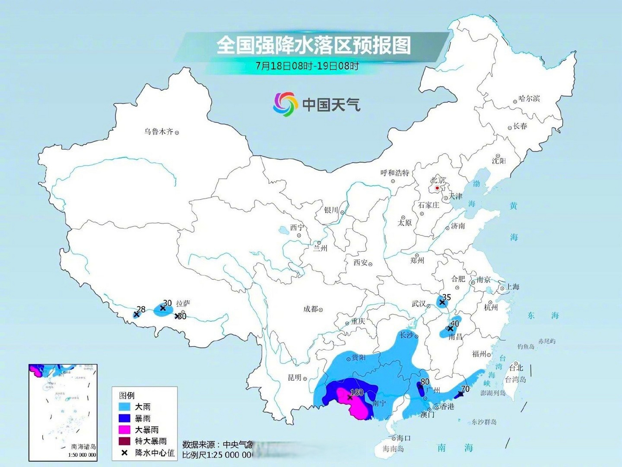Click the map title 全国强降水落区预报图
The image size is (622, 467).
pos(313,45)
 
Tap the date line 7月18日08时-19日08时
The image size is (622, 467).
pos(307,66)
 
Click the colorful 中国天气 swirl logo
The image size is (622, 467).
pos(284,104)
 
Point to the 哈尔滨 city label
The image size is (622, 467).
pos(529,99)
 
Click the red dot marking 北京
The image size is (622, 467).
pos(437,188)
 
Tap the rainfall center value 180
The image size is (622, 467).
pos(356,393)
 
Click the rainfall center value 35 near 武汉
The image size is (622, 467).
pos(446,297)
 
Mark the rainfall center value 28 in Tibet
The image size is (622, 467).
pos(141,309)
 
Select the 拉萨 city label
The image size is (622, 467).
pos(183,304)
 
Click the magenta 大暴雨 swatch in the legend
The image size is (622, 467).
pos(125,429)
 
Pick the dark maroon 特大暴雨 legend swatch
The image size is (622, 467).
pos(125,441)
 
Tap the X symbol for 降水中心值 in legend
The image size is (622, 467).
pos(125,453)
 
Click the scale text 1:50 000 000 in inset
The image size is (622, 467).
pos(82,455)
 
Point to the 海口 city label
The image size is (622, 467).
pos(404,438)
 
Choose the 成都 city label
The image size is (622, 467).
pos(310,309)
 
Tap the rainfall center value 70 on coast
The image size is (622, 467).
pos(465,389)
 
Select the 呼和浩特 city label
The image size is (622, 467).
pos(395,173)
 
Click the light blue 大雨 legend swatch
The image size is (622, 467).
pos(125,406)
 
